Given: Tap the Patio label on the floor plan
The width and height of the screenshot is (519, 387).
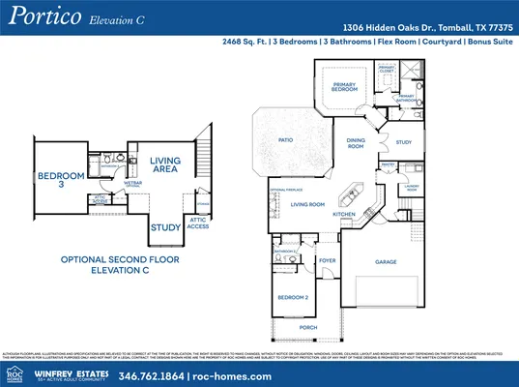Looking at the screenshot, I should tap(285, 140).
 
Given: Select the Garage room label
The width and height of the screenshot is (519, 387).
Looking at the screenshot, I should tap(386, 261).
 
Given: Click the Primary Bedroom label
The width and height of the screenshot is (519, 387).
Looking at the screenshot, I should tap(345, 87).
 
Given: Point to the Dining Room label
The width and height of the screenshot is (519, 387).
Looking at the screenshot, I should tap(356, 144).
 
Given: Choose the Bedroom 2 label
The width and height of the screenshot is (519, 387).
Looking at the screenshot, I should tap(293, 297).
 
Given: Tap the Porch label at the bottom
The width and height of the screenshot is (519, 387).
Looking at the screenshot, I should tap(308, 328).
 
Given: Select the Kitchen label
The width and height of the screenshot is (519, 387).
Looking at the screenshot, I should tap(345, 214).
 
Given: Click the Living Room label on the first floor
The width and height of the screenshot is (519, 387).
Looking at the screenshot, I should tap(307, 204).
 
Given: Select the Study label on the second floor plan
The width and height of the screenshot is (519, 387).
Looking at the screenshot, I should tap(165, 228).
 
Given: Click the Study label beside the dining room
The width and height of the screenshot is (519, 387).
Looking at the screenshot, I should tap(403, 142).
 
